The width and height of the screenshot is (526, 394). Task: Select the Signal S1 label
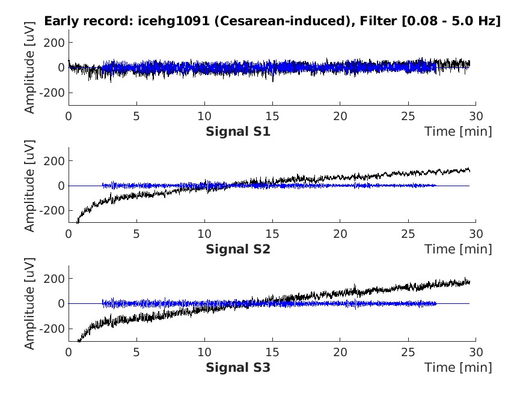(238, 131)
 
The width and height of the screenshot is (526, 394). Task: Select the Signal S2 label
(238, 249)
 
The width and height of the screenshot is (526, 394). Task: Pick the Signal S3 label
(238, 366)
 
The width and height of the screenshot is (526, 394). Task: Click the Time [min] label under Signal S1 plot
(458, 131)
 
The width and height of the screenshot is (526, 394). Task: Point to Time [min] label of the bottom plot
(458, 366)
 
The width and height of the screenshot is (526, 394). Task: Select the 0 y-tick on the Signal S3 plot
(61, 304)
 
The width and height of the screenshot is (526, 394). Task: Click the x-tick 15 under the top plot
(272, 116)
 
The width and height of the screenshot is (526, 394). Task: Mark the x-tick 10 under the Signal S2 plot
(204, 234)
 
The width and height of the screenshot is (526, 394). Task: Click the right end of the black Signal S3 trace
(469, 282)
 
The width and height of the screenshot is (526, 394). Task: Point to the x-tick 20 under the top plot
(340, 116)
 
